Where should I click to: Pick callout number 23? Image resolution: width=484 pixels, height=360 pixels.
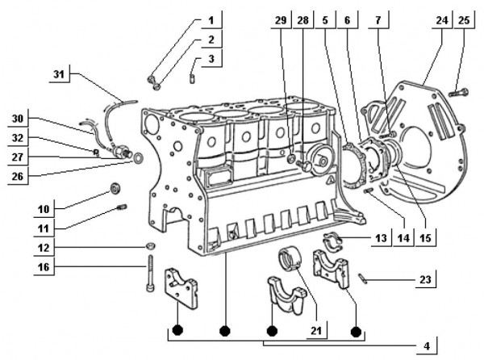point(424,280)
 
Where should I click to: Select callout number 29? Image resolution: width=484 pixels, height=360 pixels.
point(280,19)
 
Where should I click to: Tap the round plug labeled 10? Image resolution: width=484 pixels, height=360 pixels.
point(116,190)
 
